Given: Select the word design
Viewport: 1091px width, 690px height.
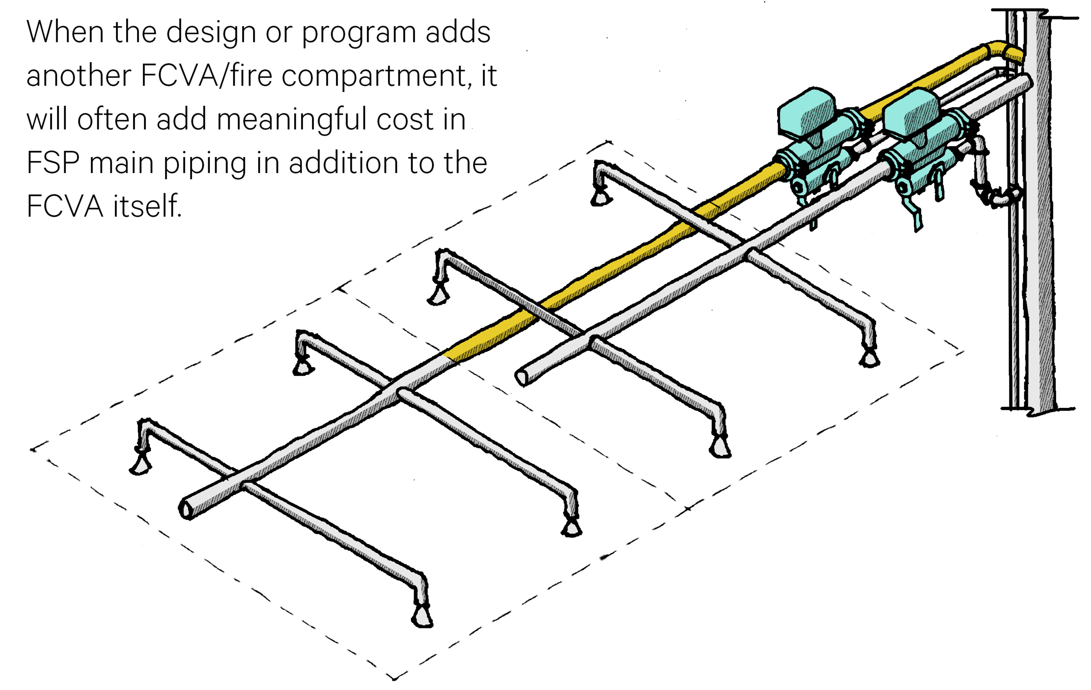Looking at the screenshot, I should tap(211, 33).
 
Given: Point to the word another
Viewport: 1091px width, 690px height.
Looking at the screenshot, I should tap(79, 75).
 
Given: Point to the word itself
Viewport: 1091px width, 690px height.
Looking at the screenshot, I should tap(147, 206).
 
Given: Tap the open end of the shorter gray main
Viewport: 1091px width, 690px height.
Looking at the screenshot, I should tap(521, 378).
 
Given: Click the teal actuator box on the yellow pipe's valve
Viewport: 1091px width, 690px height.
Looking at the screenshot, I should tap(807, 111).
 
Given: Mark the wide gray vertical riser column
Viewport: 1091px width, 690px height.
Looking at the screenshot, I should tap(1040, 213).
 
